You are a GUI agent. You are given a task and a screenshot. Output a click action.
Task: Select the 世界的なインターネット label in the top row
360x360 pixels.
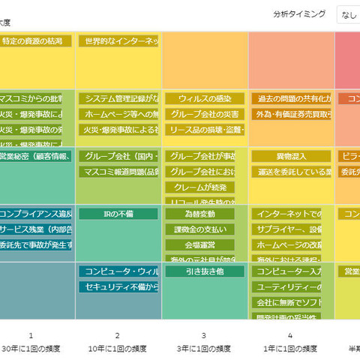(118, 41)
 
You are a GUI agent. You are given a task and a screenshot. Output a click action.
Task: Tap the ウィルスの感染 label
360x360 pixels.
(204, 98)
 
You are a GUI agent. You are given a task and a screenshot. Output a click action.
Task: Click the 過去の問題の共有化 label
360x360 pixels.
(291, 98)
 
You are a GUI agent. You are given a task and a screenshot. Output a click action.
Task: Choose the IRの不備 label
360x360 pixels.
(118, 214)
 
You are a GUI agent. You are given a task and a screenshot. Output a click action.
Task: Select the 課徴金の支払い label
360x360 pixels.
(199, 229)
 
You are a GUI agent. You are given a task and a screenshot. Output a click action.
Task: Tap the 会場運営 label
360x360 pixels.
(199, 244)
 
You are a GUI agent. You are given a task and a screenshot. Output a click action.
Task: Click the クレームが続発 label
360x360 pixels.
(199, 187)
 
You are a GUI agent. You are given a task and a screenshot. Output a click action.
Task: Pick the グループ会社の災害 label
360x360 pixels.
(204, 114)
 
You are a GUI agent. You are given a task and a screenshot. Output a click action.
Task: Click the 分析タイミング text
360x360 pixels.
(299, 13)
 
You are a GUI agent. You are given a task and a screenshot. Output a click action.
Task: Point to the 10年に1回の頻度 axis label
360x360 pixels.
(117, 349)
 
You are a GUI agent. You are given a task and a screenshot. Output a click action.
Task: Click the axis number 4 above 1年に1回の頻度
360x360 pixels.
(289, 335)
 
